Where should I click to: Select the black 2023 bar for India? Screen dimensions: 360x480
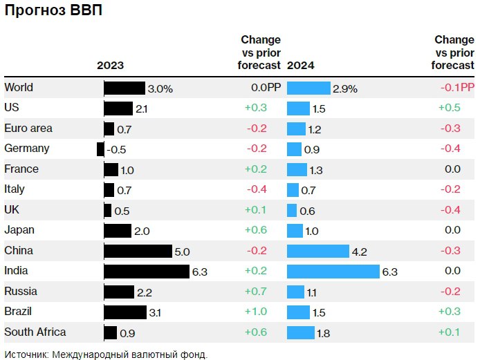pos(147,272)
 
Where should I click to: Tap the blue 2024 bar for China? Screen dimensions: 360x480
pos(317,251)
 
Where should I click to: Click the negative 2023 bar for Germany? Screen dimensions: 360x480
pos(101,149)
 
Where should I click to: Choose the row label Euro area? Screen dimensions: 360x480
pos(28,128)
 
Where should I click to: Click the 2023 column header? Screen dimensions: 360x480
pos(110,66)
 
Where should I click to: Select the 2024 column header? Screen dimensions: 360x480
pos(300,66)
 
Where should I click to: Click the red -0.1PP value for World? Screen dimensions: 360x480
pos(457,88)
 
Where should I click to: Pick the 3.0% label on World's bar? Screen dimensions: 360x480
pos(160,88)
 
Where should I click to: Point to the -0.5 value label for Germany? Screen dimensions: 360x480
pos(117,149)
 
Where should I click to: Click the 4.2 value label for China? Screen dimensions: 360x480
pos(359,252)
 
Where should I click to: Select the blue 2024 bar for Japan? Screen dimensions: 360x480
pos(295,231)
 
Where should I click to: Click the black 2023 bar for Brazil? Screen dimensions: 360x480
pos(125,312)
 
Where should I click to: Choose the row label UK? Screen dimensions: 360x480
pos(12,209)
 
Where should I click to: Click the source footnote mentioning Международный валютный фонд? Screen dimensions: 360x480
pos(105,354)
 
